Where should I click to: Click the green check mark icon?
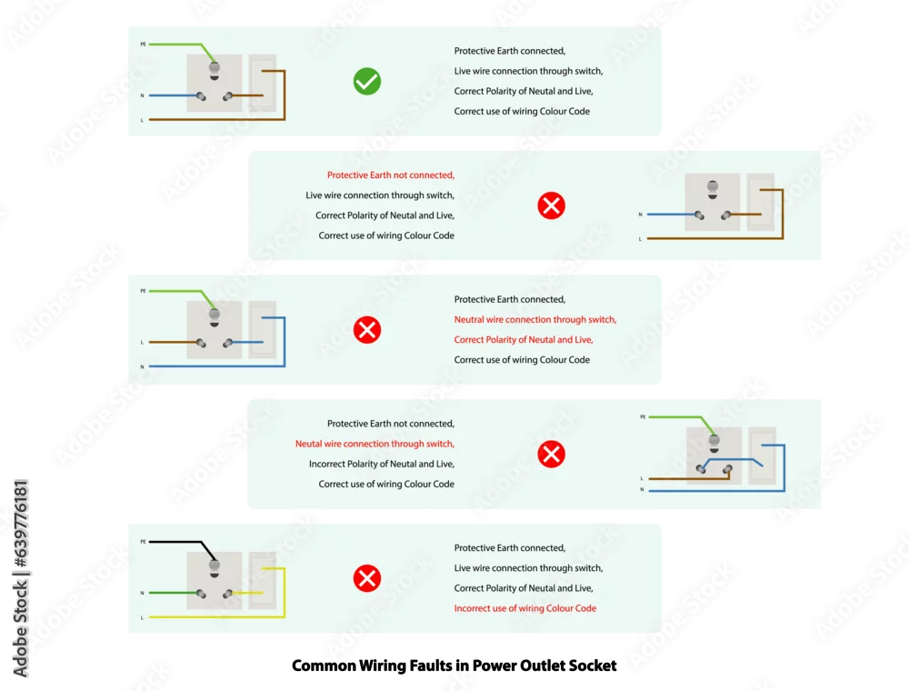(367, 81)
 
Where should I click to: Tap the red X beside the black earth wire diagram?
(367, 578)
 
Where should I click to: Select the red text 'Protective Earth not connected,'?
(391, 175)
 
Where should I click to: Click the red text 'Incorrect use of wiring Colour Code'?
(525, 608)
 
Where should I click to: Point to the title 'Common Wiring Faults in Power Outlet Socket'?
(454, 666)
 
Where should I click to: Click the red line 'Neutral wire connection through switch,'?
(535, 319)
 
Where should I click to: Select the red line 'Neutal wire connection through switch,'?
(375, 444)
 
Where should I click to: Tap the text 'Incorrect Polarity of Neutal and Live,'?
(382, 464)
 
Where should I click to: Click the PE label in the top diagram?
(144, 44)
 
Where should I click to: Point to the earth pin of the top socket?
(214, 70)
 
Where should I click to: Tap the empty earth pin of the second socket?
(713, 189)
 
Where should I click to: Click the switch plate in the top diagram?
(263, 83)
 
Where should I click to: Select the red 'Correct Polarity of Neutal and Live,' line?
(524, 340)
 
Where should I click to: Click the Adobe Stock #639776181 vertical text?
(20, 578)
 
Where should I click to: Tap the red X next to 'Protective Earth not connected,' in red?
(552, 205)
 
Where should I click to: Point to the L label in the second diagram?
(640, 239)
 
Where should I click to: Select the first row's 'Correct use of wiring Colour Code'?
(522, 111)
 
